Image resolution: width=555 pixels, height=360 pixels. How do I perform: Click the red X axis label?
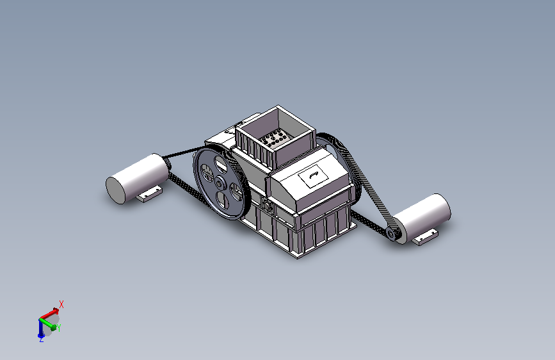pos(61,304)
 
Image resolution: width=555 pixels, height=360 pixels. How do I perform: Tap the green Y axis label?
pos(59,328)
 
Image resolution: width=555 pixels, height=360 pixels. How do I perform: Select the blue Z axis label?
pos(42,340)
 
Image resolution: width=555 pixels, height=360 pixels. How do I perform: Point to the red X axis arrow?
pos(49,314)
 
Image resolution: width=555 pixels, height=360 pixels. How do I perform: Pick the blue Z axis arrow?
pos(40,328)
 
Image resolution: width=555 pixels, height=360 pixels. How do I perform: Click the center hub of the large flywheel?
pos(220,183)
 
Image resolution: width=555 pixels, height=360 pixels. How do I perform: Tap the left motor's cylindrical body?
pos(138,178)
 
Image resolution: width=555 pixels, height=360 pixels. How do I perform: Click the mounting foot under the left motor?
pos(149,194)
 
